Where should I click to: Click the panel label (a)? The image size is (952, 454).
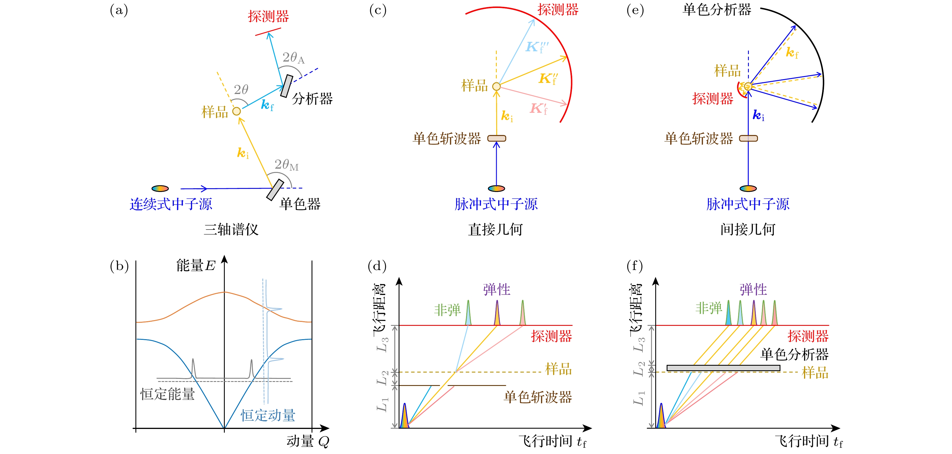[x=119, y=10]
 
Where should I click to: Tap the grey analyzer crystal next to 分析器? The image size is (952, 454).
[x=287, y=86]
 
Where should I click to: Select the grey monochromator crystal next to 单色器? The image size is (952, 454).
[x=275, y=190]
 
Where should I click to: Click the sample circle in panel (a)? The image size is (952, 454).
[x=236, y=111]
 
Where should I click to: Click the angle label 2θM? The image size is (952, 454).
[x=287, y=165]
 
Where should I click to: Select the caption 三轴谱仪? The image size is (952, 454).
[x=231, y=229]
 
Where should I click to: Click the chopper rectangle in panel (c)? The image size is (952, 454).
[x=497, y=138]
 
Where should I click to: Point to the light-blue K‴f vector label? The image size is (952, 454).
[x=537, y=47]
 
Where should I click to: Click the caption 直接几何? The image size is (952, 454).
[x=496, y=229]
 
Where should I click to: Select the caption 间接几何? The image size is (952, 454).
[x=748, y=229]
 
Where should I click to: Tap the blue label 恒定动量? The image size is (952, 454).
[x=268, y=415]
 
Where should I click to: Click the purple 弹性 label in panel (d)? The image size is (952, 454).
[x=497, y=289]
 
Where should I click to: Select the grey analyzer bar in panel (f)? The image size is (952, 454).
[x=723, y=368]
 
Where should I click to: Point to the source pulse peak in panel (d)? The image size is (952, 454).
[x=405, y=416]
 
